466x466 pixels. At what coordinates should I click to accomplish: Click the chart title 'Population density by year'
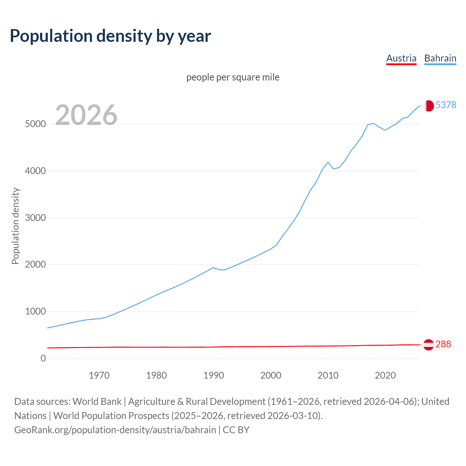(110, 36)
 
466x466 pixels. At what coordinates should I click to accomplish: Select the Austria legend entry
(401, 58)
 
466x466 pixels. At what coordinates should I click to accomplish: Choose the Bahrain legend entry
(440, 58)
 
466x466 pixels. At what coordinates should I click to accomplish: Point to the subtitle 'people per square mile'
(233, 77)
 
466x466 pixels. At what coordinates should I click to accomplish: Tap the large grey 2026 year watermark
(86, 115)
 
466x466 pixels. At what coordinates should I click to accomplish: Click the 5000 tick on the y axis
(35, 124)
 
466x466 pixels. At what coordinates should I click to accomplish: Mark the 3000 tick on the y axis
(35, 218)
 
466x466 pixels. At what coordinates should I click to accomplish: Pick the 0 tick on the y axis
(43, 358)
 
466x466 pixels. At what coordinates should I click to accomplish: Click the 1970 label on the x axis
(99, 375)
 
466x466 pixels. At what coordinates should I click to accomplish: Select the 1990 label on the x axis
(214, 375)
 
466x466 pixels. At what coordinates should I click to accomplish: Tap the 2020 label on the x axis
(385, 375)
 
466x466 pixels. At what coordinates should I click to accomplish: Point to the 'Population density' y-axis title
(15, 226)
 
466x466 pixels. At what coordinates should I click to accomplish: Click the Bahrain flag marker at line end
(429, 106)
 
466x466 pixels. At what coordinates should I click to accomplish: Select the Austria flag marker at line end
(429, 344)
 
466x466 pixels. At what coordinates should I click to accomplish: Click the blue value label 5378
(446, 105)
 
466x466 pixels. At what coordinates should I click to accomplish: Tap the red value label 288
(443, 344)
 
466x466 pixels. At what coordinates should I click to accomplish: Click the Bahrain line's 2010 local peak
(328, 162)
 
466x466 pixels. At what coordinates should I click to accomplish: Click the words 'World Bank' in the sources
(97, 402)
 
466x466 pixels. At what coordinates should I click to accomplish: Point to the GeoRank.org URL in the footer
(115, 430)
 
